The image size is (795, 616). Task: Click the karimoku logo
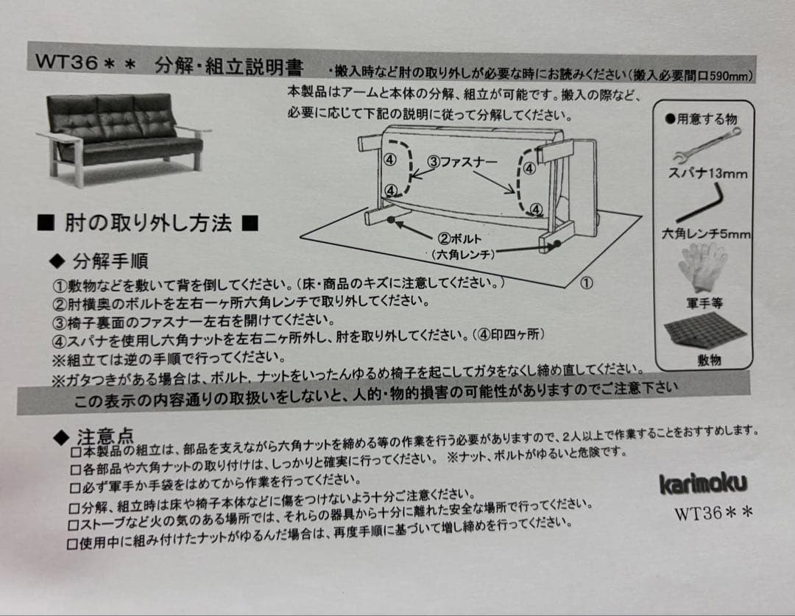(703, 484)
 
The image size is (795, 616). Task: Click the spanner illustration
(706, 145)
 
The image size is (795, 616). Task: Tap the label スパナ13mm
(707, 174)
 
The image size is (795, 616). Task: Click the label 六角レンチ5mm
(706, 233)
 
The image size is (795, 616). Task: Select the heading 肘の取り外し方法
(148, 223)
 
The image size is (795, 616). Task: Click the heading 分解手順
(110, 261)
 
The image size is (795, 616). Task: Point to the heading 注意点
(105, 436)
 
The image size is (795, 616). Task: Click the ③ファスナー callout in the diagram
(462, 162)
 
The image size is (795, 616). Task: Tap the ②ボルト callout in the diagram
(459, 238)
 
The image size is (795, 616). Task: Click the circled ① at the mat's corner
(586, 283)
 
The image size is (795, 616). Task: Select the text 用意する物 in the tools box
(707, 119)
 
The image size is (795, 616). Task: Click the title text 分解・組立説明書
(229, 66)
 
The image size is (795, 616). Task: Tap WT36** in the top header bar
(85, 63)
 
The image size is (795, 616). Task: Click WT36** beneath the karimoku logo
(713, 513)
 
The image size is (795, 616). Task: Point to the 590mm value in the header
(731, 76)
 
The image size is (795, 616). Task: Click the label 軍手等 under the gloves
(704, 303)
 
